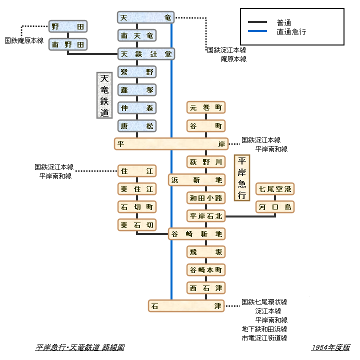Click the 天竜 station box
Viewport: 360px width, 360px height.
click(146, 18)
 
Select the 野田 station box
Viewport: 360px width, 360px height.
click(68, 26)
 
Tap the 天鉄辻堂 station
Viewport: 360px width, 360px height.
click(146, 53)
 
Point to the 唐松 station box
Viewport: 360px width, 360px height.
click(137, 125)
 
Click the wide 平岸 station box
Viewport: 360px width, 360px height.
click(171, 144)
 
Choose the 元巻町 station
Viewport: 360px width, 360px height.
click(206, 107)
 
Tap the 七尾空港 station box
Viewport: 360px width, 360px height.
click(274, 189)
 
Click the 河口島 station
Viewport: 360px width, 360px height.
click(274, 207)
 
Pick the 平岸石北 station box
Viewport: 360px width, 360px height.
click(206, 216)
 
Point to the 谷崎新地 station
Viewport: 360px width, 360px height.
click(197, 233)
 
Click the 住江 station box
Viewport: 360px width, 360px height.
click(137, 171)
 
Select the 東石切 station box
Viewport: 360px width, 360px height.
click(137, 225)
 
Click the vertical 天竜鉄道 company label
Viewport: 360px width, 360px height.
click(104, 95)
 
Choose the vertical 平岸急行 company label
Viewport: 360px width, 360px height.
click(242, 177)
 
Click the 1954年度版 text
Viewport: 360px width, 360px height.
click(330, 347)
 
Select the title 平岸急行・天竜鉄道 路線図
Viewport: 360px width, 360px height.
click(80, 347)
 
